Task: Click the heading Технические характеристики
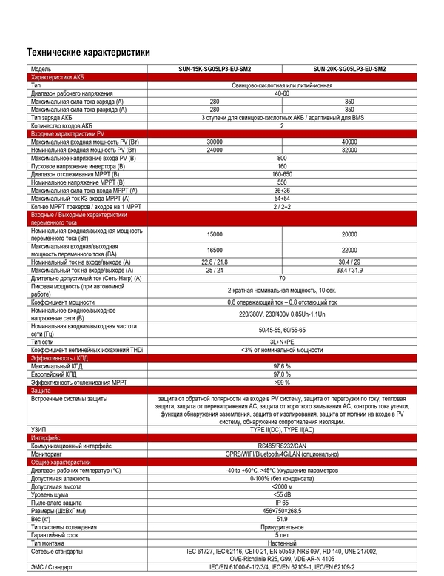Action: [x=88, y=53]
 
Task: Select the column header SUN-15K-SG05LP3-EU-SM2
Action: [x=215, y=68]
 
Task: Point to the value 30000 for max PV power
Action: [x=215, y=142]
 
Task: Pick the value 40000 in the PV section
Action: [x=349, y=142]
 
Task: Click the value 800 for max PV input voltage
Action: [x=282, y=159]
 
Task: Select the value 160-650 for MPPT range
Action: [x=282, y=174]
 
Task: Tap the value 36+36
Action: [x=282, y=191]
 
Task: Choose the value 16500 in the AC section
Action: [x=215, y=251]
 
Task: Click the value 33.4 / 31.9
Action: [x=349, y=270]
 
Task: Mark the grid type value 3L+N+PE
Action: [x=282, y=340]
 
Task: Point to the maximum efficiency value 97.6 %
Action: [x=282, y=366]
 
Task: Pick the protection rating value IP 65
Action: [x=282, y=502]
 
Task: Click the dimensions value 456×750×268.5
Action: [x=282, y=511]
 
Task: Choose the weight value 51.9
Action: [x=282, y=519]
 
